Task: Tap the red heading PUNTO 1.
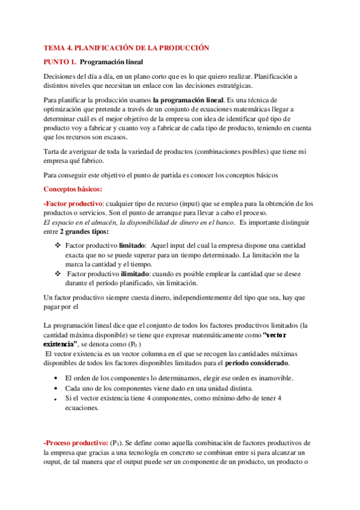[59, 61]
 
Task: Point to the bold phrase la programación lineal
[186, 99]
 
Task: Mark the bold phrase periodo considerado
[260, 363]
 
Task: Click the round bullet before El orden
[56, 378]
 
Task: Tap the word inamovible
[272, 378]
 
